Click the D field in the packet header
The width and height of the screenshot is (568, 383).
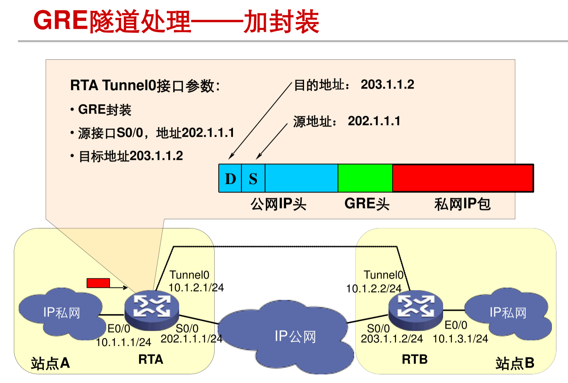(230, 179)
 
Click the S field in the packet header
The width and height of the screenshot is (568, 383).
(253, 179)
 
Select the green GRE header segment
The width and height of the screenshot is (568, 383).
(365, 178)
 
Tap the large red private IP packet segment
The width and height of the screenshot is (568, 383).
(463, 178)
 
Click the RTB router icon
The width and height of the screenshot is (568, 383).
(415, 309)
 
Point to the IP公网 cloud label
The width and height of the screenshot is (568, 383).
(295, 336)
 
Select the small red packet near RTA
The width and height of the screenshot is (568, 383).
(98, 283)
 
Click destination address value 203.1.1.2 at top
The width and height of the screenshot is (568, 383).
(387, 84)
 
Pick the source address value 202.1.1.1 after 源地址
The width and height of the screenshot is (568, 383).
(374, 121)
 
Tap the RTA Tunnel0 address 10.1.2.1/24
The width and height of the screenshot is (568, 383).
(196, 288)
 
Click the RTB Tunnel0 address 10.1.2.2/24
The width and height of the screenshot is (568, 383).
(374, 288)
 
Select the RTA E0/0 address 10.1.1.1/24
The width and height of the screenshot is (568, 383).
(123, 342)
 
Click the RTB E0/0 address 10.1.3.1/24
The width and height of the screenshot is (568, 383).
(460, 339)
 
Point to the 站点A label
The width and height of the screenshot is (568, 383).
(50, 363)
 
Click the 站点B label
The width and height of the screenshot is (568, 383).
(515, 363)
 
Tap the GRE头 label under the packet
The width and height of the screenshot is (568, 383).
(367, 204)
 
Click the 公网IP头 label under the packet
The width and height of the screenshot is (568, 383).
(278, 204)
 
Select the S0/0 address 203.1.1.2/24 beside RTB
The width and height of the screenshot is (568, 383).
(392, 339)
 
